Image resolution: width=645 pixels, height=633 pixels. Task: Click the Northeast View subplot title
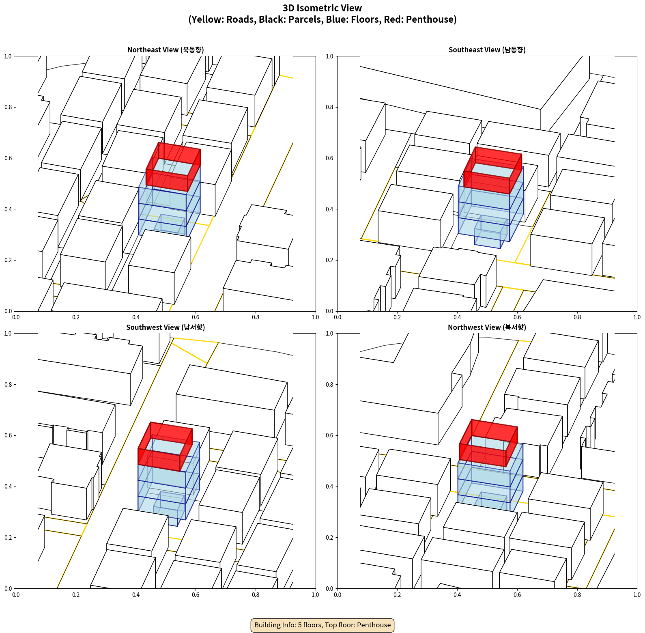(166, 50)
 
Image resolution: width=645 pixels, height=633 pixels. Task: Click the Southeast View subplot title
(487, 50)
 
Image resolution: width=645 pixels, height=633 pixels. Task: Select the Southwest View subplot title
(166, 327)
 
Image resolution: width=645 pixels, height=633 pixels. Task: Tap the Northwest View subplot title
(487, 327)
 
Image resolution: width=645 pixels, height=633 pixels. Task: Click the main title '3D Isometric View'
(322, 8)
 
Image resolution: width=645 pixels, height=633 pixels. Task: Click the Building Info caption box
(322, 625)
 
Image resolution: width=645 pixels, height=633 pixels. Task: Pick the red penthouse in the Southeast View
(493, 170)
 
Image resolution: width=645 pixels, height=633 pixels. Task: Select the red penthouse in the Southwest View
(165, 446)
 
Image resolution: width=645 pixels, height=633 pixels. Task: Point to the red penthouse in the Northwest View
(488, 443)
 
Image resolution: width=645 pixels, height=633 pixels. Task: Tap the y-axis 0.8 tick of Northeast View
(8, 107)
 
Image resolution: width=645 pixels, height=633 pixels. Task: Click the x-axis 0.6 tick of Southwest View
(196, 595)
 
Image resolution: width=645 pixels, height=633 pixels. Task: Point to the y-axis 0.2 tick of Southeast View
(329, 260)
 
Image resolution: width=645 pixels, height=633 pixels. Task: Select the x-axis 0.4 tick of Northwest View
(457, 595)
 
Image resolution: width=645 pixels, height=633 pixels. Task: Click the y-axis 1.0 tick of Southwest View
(8, 334)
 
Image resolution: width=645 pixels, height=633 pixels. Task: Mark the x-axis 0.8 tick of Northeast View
(256, 317)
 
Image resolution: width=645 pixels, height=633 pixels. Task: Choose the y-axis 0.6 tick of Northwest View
(329, 435)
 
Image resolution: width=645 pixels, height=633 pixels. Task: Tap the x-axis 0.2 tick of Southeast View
(397, 317)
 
